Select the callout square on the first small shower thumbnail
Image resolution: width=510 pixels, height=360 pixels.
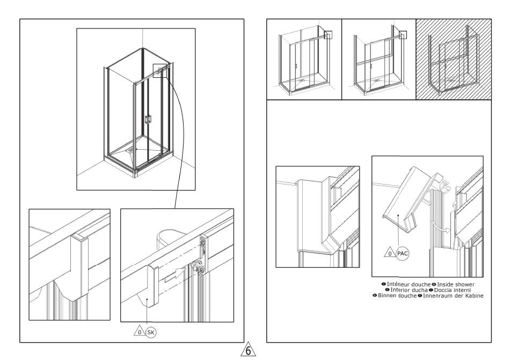pos(329,35)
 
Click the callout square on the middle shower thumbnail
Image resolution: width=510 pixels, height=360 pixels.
pos(403,35)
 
